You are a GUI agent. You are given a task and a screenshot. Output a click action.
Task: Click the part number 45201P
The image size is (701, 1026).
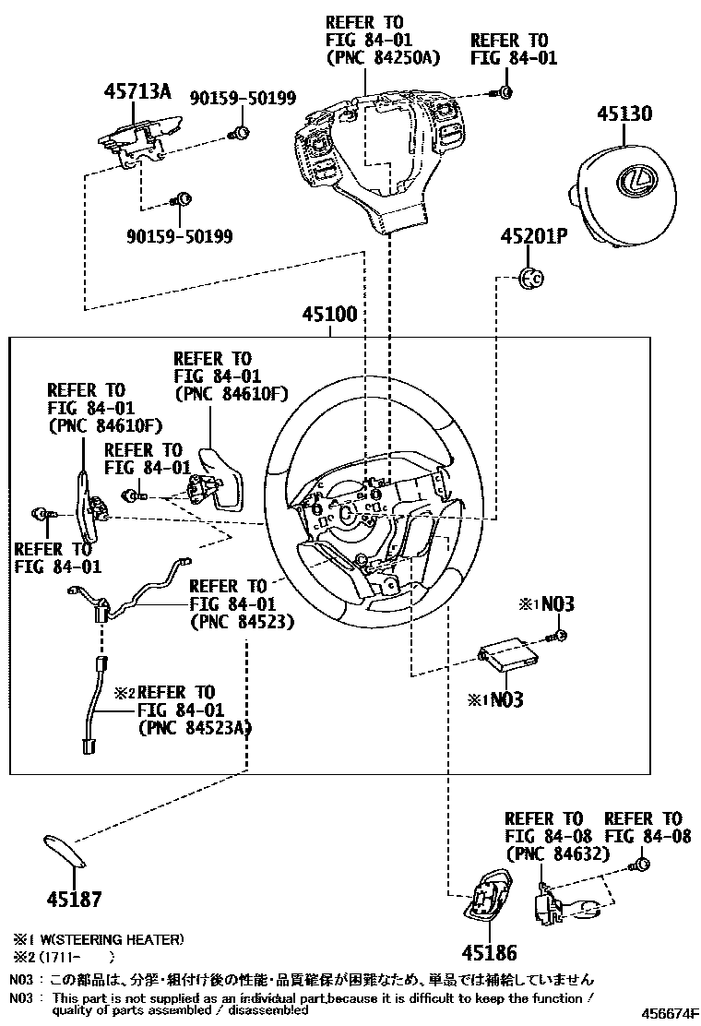(x=534, y=236)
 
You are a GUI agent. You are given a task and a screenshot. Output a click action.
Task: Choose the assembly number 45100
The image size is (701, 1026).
(x=329, y=315)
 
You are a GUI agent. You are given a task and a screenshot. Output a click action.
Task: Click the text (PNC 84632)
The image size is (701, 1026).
(x=557, y=854)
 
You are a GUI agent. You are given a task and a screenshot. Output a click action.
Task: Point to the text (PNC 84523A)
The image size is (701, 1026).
(x=195, y=728)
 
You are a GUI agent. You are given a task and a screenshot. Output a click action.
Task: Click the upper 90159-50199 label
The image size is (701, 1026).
(x=231, y=97)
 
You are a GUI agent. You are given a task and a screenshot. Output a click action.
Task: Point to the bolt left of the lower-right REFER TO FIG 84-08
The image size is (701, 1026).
(x=637, y=865)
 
